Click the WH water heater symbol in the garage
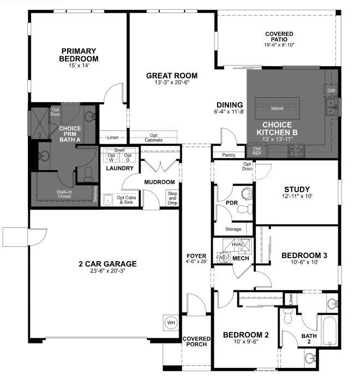point(171,323)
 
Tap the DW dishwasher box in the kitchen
point(331,91)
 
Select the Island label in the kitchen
point(277,108)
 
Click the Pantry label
point(229,155)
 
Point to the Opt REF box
point(257,151)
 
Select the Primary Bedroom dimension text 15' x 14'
point(79,66)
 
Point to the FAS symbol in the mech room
point(221,257)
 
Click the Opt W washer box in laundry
point(112,158)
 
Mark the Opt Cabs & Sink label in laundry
point(127,200)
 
